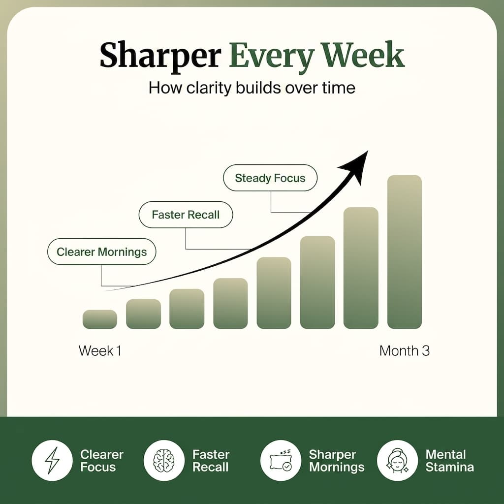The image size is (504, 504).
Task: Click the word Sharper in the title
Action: [160, 56]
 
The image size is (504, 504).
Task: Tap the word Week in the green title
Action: [362, 54]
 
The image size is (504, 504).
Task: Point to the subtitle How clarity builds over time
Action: [252, 88]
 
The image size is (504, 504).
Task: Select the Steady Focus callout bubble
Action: [270, 178]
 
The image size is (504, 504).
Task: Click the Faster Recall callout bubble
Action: [186, 215]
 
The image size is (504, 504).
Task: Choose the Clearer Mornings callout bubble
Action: [101, 252]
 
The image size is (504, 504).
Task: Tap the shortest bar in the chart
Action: [100, 319]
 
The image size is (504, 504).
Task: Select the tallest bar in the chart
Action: [405, 252]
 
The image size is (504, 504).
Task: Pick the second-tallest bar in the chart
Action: [361, 268]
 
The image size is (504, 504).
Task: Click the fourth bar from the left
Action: [230, 303]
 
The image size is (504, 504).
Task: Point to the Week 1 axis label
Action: [100, 350]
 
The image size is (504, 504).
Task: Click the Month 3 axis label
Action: [405, 350]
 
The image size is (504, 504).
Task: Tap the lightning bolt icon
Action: [52, 460]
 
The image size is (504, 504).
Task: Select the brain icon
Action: [164, 460]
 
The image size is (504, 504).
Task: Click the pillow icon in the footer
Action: [281, 461]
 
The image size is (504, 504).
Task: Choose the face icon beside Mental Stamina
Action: [397, 461]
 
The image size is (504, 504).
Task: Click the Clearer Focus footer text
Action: [101, 461]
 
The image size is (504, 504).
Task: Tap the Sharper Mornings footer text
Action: [337, 461]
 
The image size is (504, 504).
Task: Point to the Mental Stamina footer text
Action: [449, 461]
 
